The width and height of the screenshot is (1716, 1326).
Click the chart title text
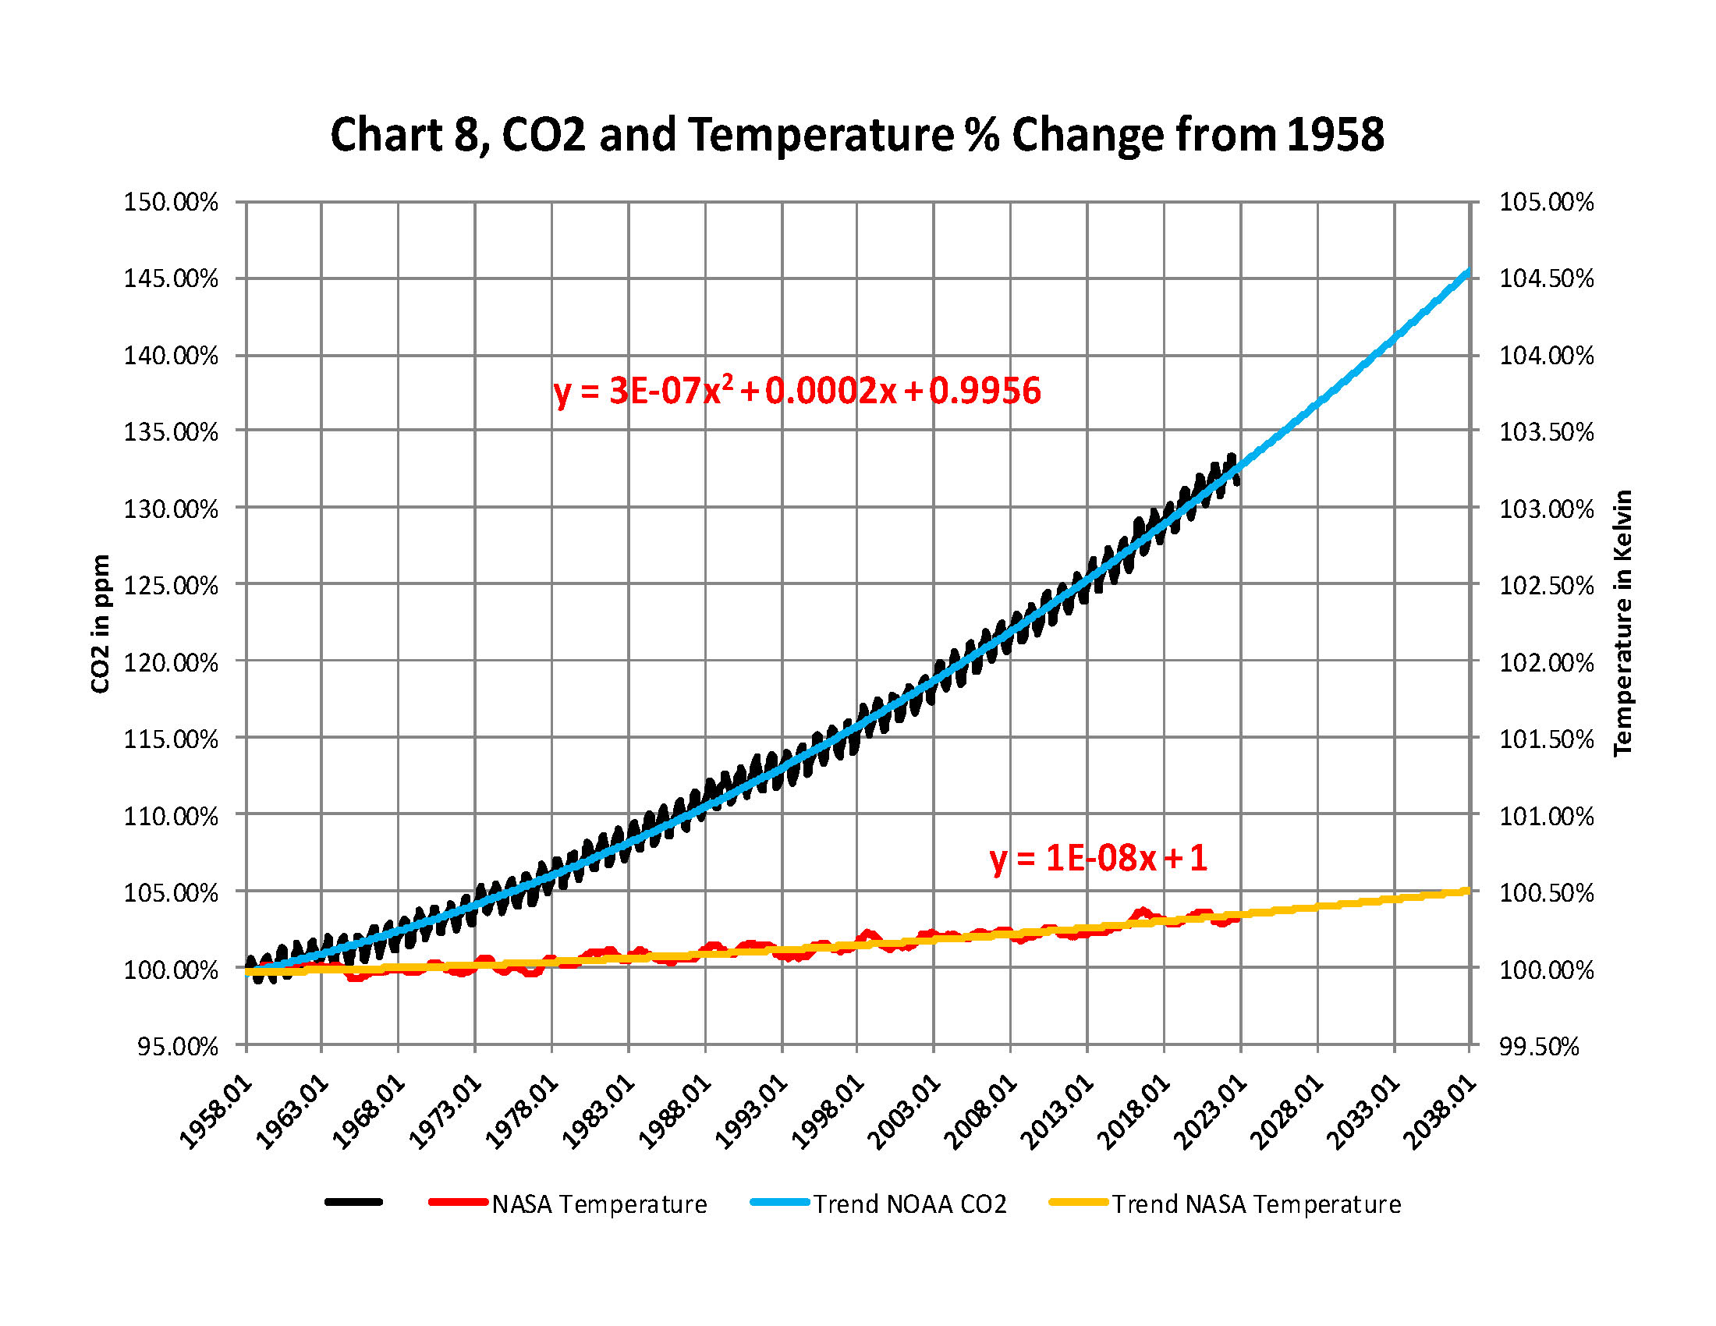click(856, 134)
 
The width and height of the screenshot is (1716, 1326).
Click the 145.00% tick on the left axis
click(171, 279)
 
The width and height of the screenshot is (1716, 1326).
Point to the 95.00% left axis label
click(178, 1046)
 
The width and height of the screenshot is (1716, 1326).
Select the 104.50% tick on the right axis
click(1546, 279)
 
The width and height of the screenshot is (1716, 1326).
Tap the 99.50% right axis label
click(1538, 1046)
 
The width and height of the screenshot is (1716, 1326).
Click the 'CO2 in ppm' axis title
click(101, 624)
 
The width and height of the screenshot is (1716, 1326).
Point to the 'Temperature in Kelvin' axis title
click(1623, 623)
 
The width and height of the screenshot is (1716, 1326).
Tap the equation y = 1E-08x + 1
click(1097, 858)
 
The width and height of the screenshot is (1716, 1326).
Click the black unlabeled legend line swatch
click(353, 1202)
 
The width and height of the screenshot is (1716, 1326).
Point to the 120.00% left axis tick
click(171, 662)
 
